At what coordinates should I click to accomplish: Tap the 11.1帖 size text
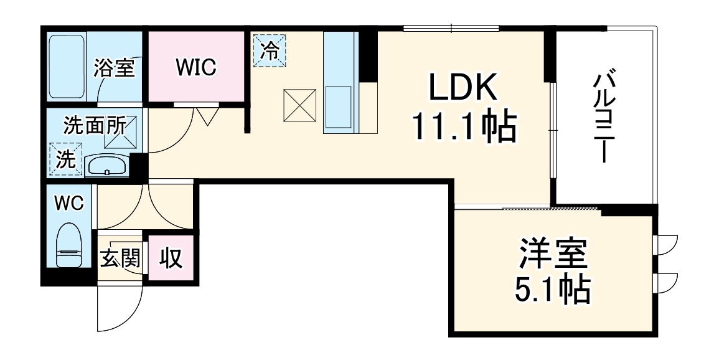[x=463, y=128]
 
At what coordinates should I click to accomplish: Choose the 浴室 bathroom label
[x=115, y=68]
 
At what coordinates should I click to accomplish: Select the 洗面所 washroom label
[x=95, y=126]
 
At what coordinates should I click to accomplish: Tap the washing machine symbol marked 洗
[x=65, y=160]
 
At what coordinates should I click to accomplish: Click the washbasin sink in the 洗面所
[x=106, y=166]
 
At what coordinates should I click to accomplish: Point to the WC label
[x=68, y=203]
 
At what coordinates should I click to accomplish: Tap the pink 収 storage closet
[x=169, y=258]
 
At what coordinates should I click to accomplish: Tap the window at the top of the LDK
[x=451, y=27]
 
